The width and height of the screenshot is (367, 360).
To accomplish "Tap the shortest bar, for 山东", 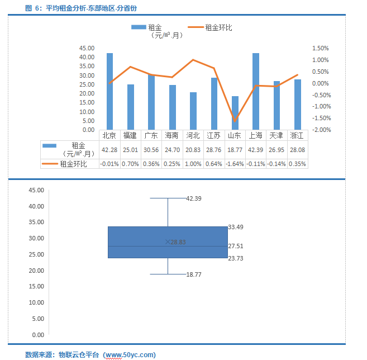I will (235, 113).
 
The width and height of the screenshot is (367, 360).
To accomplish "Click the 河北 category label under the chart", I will (193, 135).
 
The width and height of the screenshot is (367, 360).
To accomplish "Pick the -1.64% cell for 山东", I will (235, 164).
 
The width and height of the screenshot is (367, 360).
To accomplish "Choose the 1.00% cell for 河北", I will (193, 164).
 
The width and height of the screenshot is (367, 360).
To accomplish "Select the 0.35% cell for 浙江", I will (297, 164).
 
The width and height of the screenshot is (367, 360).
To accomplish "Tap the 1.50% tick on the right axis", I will (321, 48).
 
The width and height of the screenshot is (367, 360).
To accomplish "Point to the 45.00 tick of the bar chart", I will (87, 48).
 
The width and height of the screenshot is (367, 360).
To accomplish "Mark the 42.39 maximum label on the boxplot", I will (194, 198).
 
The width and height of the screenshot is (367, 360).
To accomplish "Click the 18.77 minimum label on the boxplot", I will (194, 274).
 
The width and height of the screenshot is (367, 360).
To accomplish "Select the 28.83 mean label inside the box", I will (178, 242).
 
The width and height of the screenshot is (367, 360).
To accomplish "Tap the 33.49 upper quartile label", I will (235, 228).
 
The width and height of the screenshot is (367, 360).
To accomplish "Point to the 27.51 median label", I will (235, 246).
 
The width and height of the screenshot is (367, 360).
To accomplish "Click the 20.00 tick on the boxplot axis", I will (36, 271).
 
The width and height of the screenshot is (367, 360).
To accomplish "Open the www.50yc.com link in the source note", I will (130, 354).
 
